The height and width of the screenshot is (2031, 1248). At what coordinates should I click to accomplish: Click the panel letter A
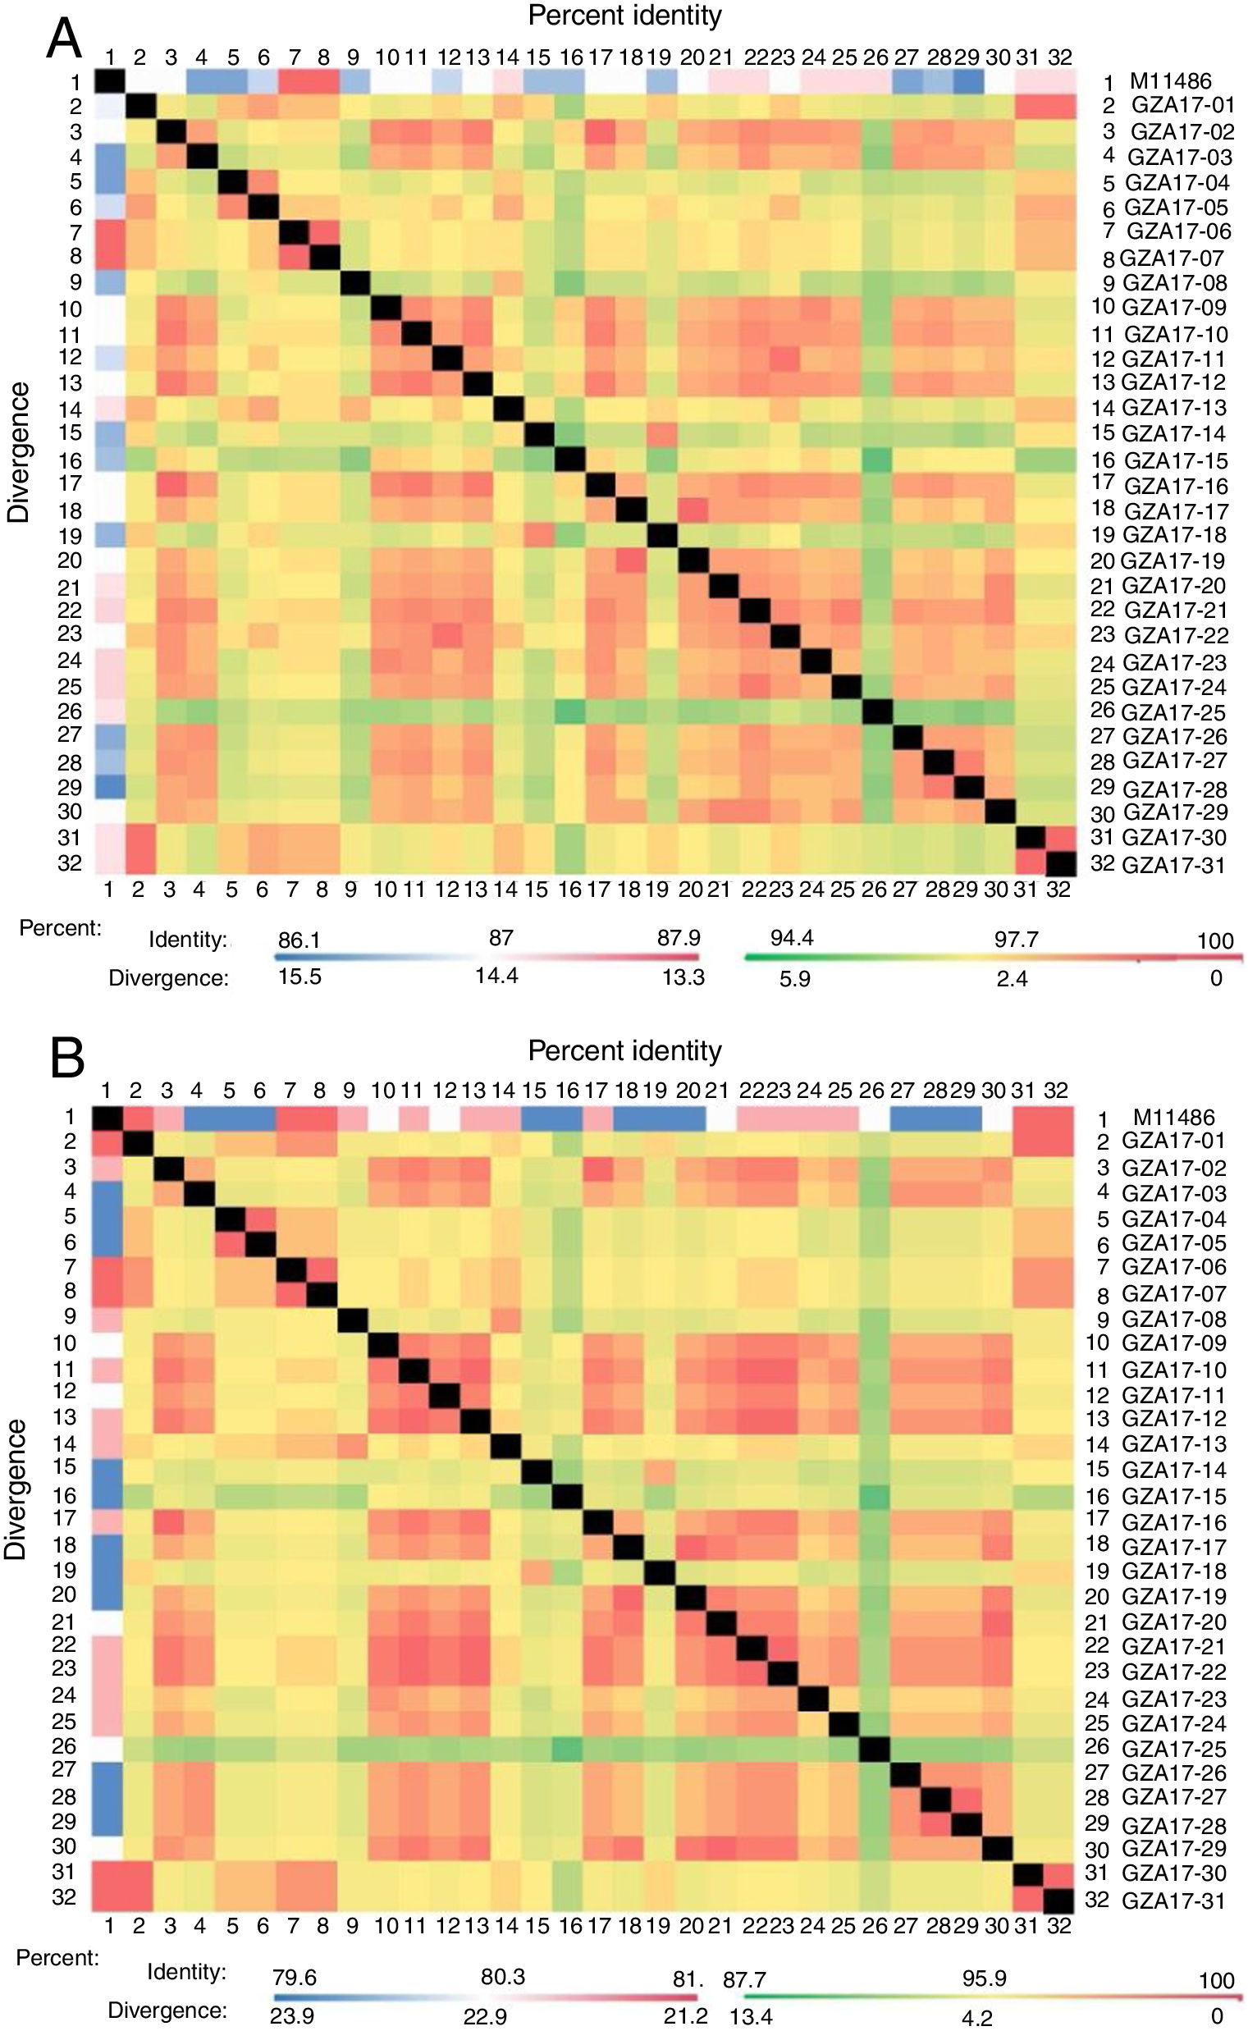tap(63, 39)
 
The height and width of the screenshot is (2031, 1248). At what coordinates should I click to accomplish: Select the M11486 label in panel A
tap(1170, 81)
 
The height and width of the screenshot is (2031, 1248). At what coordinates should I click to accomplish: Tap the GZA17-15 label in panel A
tap(1175, 460)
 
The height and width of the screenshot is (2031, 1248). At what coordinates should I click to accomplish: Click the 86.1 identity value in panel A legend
tap(299, 939)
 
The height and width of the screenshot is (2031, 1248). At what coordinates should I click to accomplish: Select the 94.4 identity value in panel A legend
tap(792, 937)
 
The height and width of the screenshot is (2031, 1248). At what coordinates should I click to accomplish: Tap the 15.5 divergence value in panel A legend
tap(299, 977)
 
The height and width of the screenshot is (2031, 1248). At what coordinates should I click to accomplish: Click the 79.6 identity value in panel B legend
tap(294, 1978)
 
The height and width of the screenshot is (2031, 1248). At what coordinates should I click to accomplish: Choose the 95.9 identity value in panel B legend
tap(984, 1979)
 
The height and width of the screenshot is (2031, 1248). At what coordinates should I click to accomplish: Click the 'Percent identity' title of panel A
tap(625, 15)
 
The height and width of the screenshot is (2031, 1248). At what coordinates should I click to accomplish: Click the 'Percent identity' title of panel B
tap(625, 1050)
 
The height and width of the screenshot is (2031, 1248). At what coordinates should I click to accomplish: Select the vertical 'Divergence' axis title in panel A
tap(18, 452)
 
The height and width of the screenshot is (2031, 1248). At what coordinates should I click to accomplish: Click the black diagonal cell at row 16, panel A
tap(569, 459)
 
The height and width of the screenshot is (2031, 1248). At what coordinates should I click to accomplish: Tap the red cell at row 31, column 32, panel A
tap(1060, 838)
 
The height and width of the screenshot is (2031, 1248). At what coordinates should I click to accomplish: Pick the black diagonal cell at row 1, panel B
tap(107, 1117)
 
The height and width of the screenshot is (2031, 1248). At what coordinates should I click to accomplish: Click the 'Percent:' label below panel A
tap(60, 928)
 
